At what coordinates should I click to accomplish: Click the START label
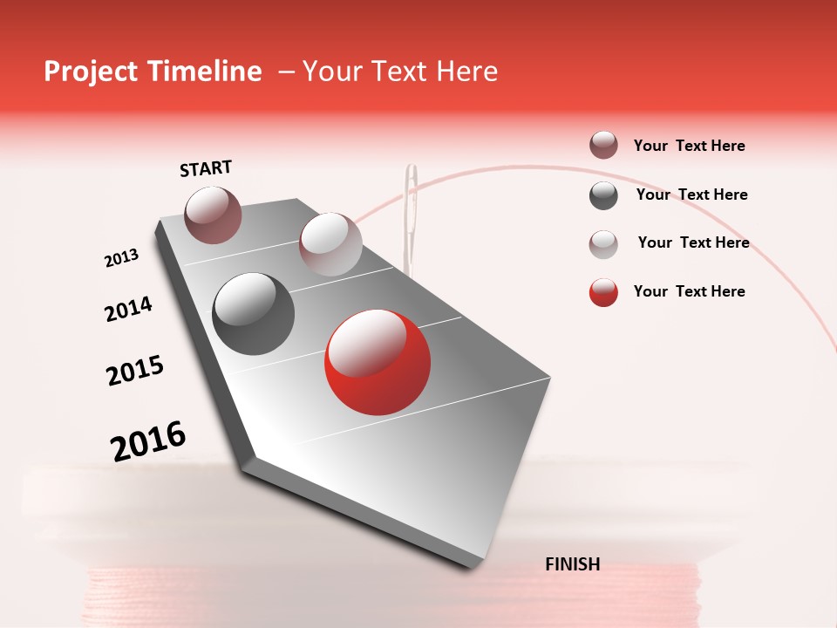pos(206,168)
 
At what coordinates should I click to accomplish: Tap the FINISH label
pos(573,564)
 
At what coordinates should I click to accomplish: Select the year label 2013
pos(121,258)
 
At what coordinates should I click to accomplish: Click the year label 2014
pos(128,309)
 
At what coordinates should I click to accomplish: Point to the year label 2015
pos(135,371)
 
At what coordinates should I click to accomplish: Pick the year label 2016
pos(148,440)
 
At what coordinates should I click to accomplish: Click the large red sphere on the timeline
pos(378,362)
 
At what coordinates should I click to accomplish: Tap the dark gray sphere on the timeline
pos(254,314)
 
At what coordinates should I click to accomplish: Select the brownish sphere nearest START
pos(213,215)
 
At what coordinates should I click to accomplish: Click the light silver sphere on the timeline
pos(330,244)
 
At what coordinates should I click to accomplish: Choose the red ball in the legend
pos(603,292)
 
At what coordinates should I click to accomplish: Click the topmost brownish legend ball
pos(603,146)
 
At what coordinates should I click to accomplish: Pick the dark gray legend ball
pos(603,195)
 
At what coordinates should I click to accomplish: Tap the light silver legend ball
pos(603,243)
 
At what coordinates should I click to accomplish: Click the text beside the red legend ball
pos(689,291)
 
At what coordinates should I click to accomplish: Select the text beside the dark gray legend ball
pos(691,195)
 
